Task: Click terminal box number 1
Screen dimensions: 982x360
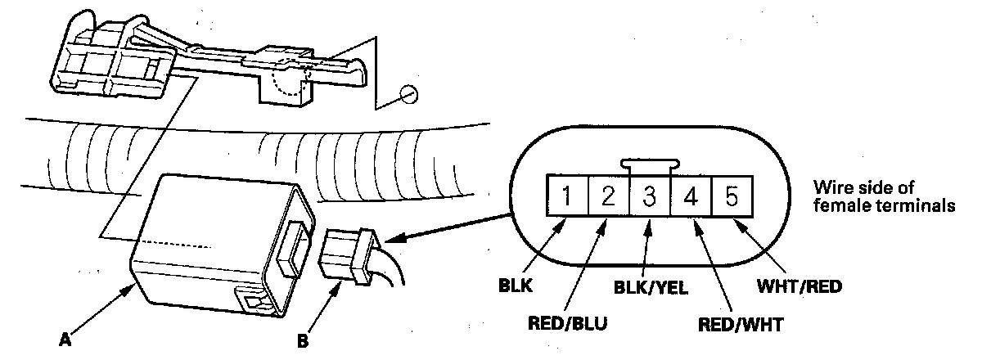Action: click(x=567, y=196)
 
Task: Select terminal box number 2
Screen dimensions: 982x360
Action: click(x=608, y=196)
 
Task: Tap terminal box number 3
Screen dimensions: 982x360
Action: click(x=649, y=196)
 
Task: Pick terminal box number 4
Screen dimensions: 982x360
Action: click(x=691, y=196)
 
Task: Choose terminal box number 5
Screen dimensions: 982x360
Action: click(x=732, y=196)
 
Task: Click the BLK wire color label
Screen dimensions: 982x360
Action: click(x=516, y=286)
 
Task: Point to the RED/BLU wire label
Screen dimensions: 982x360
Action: click(x=567, y=324)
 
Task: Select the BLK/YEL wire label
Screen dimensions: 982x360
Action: click(x=651, y=288)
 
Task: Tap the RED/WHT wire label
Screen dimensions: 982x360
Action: click(x=741, y=325)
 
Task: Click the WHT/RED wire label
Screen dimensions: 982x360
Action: click(x=800, y=286)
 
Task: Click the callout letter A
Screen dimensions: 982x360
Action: click(x=65, y=340)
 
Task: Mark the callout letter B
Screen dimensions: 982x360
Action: click(x=303, y=341)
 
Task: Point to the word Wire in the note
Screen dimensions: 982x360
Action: click(x=831, y=187)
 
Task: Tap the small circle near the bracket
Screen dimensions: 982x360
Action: click(x=409, y=94)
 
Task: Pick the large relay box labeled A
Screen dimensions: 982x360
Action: click(x=222, y=245)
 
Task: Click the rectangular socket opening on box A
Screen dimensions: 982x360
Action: click(x=293, y=248)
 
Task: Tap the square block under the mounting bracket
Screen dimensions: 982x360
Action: click(x=284, y=90)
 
